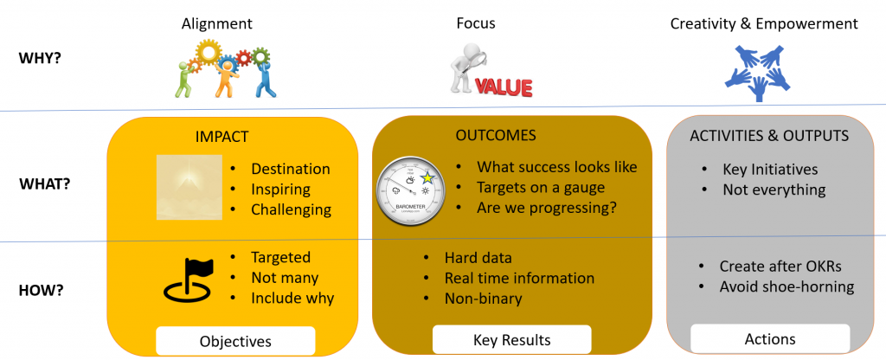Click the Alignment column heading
(216, 24)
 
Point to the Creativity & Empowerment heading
(764, 24)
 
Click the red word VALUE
(503, 87)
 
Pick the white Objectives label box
(235, 340)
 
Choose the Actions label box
(769, 339)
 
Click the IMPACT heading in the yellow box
(222, 136)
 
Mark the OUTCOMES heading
(495, 136)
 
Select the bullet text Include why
(292, 299)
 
